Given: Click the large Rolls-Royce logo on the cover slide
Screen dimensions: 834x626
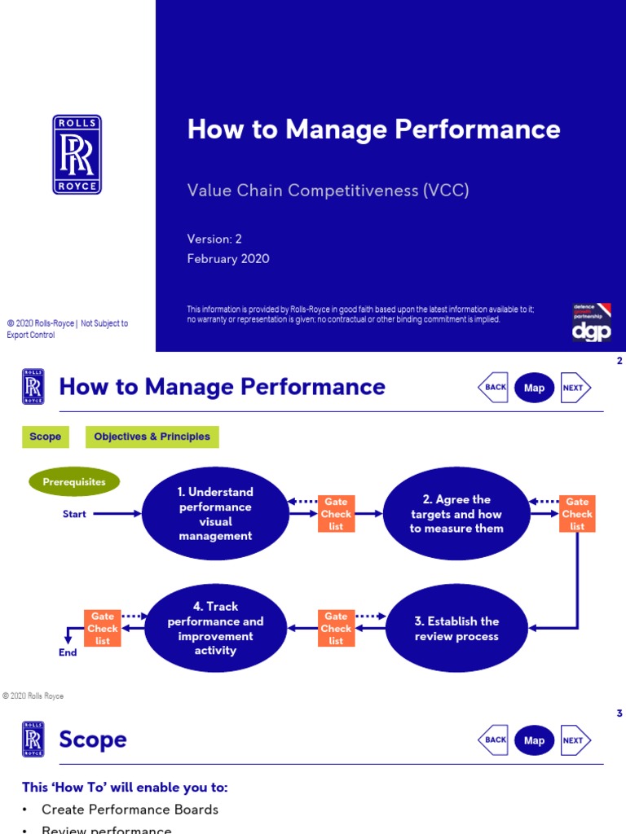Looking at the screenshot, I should coord(77,155).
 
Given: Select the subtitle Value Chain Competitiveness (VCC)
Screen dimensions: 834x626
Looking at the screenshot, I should coord(328,191).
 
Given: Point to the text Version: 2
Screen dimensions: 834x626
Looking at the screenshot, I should coord(214,239).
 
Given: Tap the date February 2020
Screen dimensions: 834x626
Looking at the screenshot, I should coord(228,259).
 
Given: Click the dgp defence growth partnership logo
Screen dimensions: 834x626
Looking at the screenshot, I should coord(591,323).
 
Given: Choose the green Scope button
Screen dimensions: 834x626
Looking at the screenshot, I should coord(45,437).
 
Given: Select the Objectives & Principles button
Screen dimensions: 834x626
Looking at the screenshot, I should coord(152,437).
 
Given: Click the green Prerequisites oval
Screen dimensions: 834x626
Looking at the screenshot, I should coord(74,482).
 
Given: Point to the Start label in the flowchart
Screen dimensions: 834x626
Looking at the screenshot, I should coord(74,514).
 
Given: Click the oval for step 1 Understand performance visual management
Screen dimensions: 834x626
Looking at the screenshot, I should coord(215,514).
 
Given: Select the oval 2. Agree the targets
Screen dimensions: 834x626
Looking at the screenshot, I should coord(456,514).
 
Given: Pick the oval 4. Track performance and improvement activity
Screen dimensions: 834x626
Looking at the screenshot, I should coord(215,629).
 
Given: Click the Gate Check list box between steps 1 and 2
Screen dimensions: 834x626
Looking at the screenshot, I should coord(336,514).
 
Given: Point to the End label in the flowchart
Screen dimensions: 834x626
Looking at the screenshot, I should coord(68,652).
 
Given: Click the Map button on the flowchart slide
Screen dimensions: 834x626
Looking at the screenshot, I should coord(534,388).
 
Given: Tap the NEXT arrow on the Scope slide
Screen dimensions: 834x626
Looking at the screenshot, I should coord(575,740).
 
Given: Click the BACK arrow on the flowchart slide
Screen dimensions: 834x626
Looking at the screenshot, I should coord(494,388).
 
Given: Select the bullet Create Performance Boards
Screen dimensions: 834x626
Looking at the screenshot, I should coord(130,810).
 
